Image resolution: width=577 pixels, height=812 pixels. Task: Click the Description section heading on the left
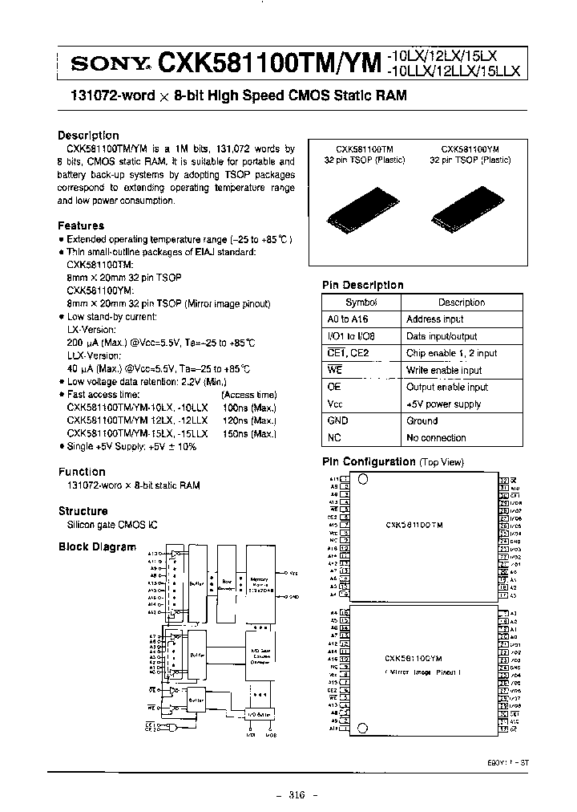(88, 135)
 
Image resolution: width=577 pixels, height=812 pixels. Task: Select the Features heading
(81, 225)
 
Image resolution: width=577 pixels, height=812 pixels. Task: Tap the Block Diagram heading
(97, 546)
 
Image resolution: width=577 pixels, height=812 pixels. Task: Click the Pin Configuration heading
(369, 461)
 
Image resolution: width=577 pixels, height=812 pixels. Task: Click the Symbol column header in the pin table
(361, 302)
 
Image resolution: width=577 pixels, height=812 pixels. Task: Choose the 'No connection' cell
(436, 437)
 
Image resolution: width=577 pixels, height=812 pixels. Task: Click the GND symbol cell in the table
(337, 420)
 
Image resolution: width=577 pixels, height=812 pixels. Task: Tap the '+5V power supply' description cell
(443, 404)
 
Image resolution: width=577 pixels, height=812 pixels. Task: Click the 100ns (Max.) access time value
(252, 408)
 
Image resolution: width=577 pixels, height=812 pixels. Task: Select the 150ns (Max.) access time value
(252, 432)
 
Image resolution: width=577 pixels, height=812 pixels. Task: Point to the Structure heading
(83, 510)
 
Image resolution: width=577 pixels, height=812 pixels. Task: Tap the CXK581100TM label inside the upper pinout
(414, 526)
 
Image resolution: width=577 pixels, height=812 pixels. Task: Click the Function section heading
(82, 472)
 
